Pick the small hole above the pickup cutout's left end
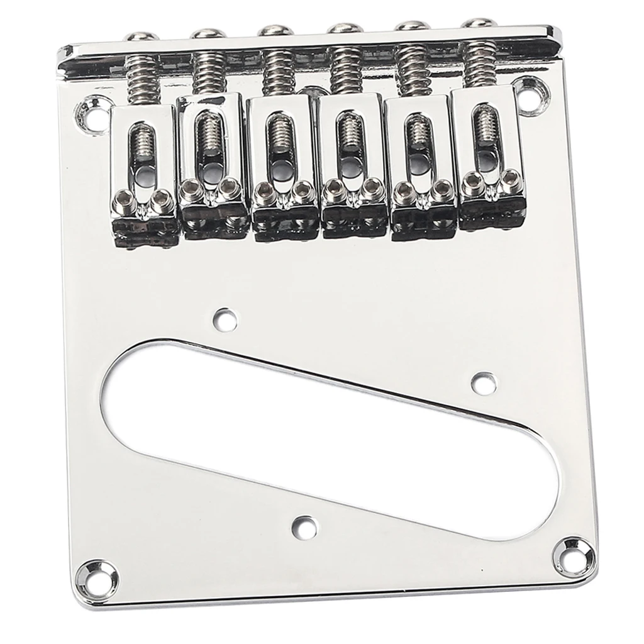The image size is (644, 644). (222, 318)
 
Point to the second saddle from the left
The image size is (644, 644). (211, 165)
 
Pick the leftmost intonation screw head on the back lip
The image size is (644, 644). (138, 37)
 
